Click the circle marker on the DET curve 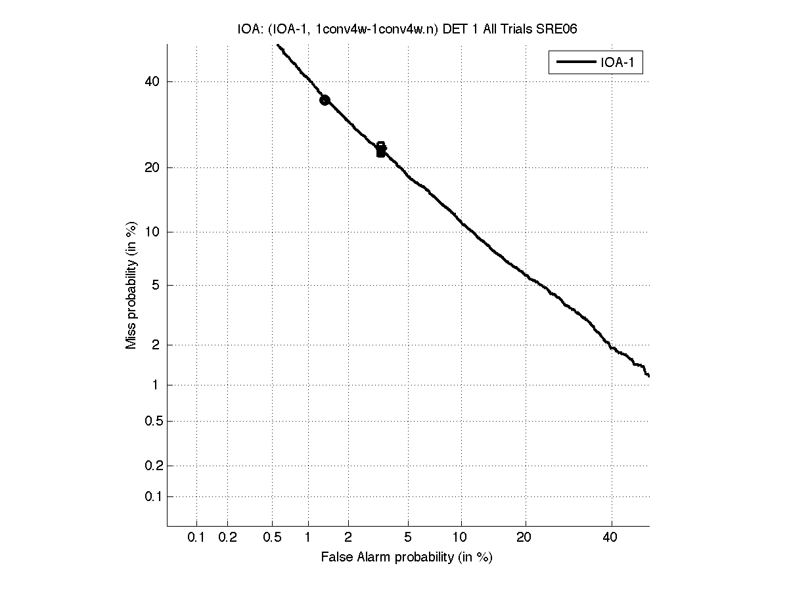click(325, 100)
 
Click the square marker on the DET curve click(381, 150)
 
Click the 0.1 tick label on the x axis click(196, 538)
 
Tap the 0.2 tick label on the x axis click(227, 538)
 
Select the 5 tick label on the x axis click(408, 538)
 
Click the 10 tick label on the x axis click(461, 538)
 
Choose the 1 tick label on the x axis click(308, 538)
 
